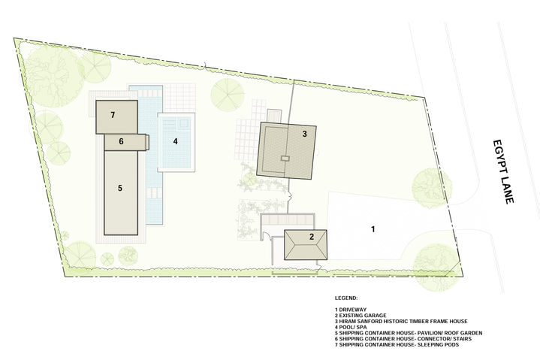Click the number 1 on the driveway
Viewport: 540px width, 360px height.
373,228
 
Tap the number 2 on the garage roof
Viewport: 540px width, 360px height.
312,237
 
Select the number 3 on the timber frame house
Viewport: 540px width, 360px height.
304,134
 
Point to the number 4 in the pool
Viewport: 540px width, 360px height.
175,141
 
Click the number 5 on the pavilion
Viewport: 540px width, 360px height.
120,188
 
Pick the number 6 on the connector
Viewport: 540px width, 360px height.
121,141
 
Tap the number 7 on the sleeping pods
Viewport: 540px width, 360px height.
113,115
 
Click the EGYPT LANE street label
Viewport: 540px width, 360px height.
503,171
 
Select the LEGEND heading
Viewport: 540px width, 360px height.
346,298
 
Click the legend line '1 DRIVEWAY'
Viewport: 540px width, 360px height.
351,310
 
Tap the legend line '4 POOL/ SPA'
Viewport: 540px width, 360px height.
351,327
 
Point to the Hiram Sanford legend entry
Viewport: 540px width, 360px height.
401,321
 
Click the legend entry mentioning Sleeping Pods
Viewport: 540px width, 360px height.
397,344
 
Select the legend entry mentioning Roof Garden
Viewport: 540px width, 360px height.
409,333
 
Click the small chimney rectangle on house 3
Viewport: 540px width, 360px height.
285,159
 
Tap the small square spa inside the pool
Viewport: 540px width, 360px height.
183,123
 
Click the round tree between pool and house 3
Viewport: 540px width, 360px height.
228,95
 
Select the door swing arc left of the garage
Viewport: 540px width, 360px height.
266,236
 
